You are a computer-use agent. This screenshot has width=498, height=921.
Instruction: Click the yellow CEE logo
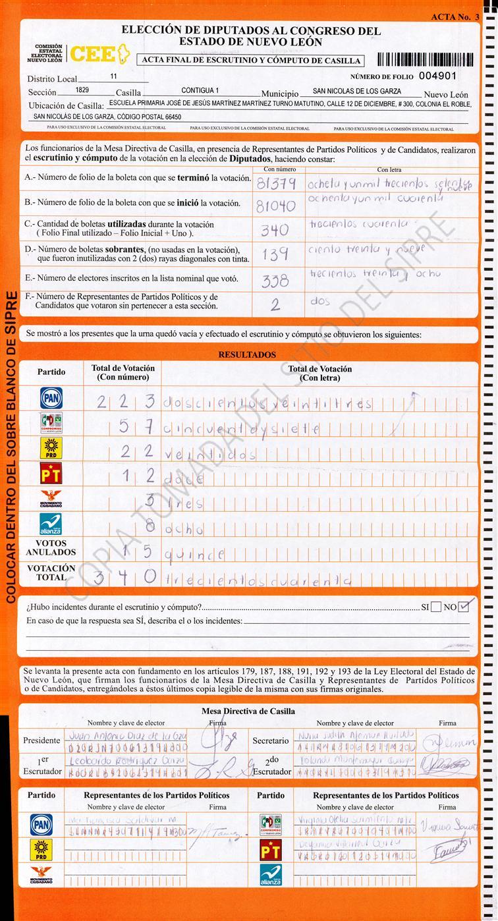pos(99,54)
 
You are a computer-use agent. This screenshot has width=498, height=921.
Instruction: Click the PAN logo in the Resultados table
pos(51,398)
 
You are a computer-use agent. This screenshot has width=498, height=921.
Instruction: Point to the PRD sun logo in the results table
pos(51,447)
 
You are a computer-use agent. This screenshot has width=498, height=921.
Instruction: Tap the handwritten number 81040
pos(275,206)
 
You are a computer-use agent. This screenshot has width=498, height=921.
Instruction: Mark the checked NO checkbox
pos(465,606)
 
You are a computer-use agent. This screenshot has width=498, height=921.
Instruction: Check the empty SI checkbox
pos(435,607)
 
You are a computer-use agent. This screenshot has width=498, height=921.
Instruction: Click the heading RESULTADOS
pos(247,354)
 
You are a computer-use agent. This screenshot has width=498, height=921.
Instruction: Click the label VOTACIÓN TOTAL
pos(51,572)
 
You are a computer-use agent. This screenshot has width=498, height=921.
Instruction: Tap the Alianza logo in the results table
pos(51,524)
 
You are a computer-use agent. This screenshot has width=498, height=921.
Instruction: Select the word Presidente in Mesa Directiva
pos(41,740)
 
